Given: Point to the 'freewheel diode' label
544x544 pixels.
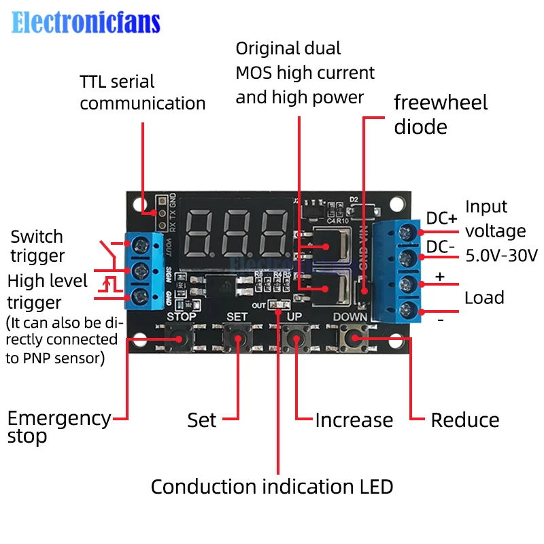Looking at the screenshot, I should (441, 114).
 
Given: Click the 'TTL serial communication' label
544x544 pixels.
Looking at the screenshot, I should (142, 92).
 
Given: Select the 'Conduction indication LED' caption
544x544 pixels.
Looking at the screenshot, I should (271, 487).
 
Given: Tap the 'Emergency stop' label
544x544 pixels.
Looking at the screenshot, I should (58, 426).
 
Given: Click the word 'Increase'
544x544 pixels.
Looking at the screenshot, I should (354, 420).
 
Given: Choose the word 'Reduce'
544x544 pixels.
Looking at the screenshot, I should (465, 420).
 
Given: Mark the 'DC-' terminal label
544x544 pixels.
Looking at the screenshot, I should (441, 247).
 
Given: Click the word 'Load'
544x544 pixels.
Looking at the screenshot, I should (484, 298).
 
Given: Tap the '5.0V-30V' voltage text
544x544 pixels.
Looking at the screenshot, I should (501, 256).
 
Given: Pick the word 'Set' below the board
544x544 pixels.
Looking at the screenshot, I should (202, 420).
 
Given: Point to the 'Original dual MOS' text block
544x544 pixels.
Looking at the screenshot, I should (305, 73).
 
